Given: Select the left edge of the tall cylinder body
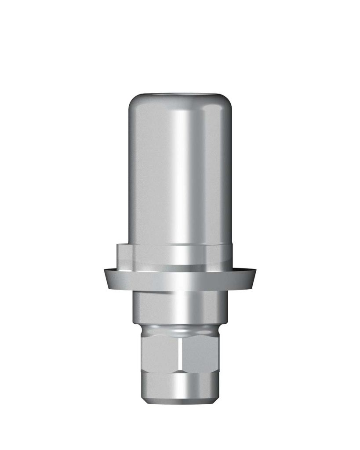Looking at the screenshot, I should [x=131, y=176].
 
